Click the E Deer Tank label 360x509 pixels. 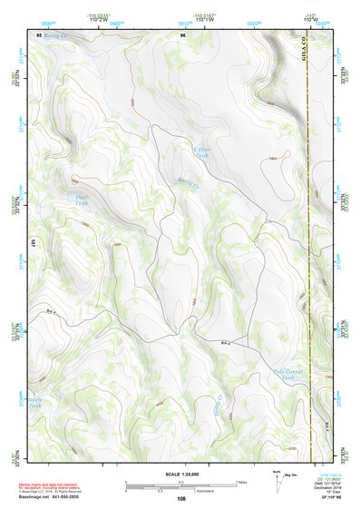[x=200, y=152]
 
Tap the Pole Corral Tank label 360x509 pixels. [x=285, y=375]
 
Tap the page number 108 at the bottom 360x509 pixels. [x=181, y=498]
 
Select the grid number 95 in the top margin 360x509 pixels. [x=38, y=34]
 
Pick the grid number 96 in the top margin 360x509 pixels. [x=182, y=34]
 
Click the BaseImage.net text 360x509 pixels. [x=34, y=498]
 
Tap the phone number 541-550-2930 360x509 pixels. [x=68, y=498]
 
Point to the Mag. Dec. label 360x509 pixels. [x=292, y=475]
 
